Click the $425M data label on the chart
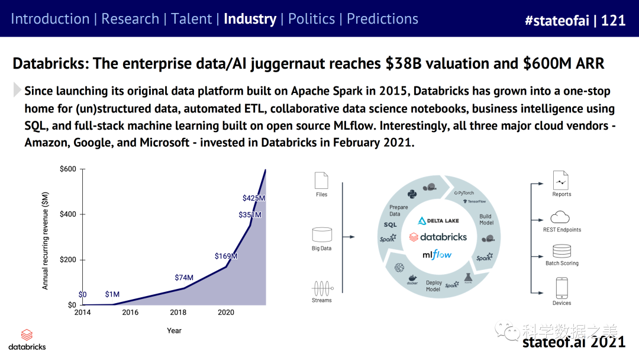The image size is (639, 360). coord(254,198)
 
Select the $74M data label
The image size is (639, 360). coord(184,277)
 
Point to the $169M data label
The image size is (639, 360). coord(226,256)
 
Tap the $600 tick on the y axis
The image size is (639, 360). coord(68,169)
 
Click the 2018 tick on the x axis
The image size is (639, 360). coord(178,313)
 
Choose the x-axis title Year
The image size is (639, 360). coord(174,330)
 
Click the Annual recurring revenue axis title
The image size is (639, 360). coord(46,240)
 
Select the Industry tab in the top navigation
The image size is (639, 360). coord(250,19)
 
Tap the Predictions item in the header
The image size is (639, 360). coord(382,19)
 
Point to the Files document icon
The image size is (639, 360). coord(321,180)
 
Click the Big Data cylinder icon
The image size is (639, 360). coord(321,234)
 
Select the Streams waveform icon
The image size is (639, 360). coord(321,288)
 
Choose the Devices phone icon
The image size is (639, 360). coord(561,288)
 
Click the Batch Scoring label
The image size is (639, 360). coord(561,263)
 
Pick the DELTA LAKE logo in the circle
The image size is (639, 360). coord(438,220)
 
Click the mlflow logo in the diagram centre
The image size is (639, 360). coord(437,255)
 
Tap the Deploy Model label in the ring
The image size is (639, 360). coord(433,286)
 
